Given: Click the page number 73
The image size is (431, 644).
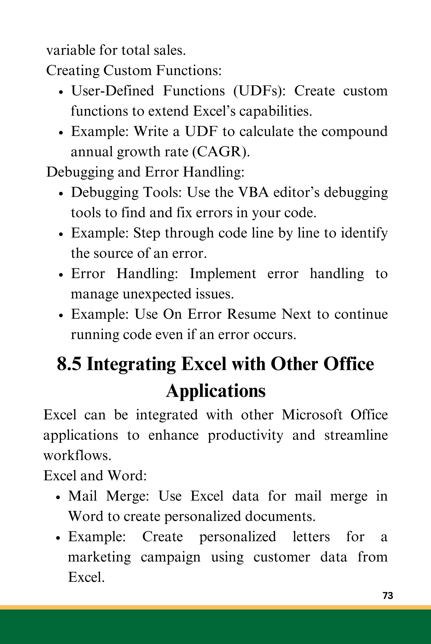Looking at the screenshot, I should click(388, 596).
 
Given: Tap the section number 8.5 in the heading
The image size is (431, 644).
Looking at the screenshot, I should click(69, 364).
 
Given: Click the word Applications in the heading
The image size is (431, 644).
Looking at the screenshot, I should click(216, 391).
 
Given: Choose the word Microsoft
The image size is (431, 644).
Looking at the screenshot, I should click(312, 415).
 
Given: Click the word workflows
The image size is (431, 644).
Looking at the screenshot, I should click(77, 456).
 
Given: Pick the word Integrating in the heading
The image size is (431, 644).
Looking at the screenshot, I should click(131, 364).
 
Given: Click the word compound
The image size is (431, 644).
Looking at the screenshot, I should click(354, 131).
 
